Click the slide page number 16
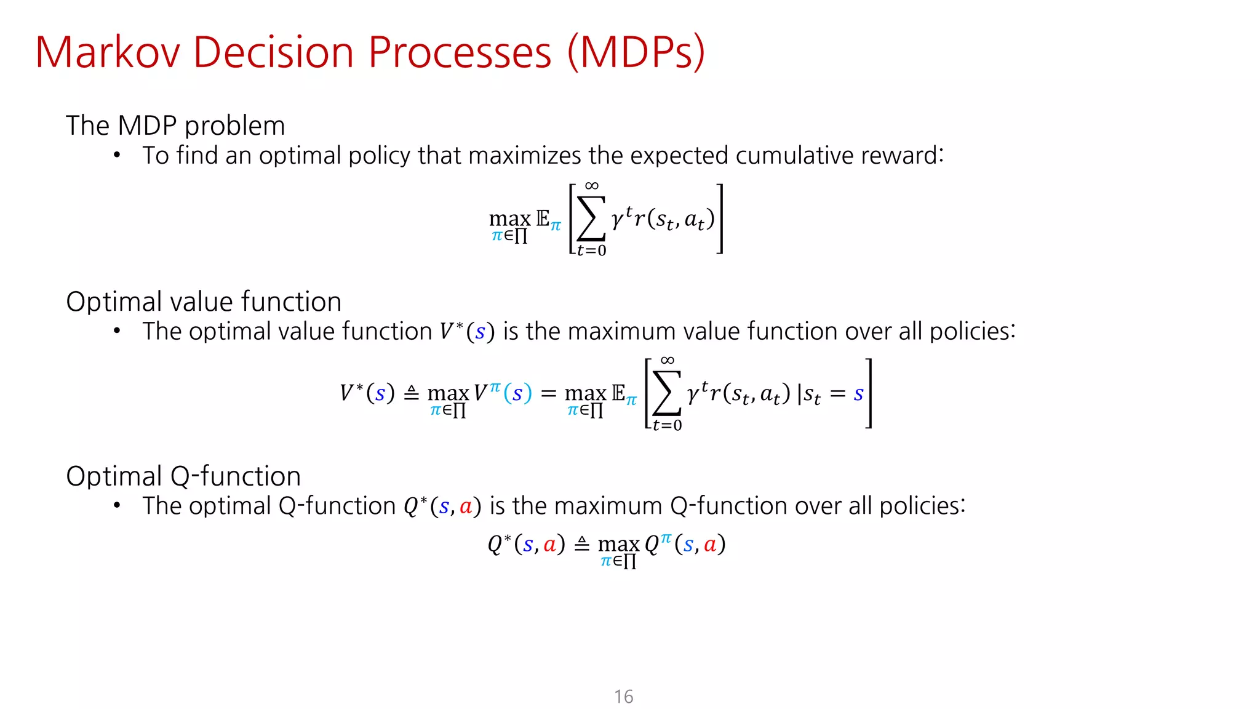[623, 696]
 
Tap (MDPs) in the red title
[636, 52]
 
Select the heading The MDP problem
[175, 126]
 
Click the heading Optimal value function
[204, 302]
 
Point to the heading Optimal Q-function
[183, 476]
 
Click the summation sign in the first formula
[591, 219]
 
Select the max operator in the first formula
[509, 218]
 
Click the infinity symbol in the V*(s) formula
[667, 360]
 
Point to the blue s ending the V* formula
[858, 393]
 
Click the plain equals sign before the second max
[548, 393]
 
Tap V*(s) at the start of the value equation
[367, 393]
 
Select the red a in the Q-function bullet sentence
[466, 507]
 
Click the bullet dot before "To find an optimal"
[117, 155]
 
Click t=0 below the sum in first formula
[591, 250]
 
